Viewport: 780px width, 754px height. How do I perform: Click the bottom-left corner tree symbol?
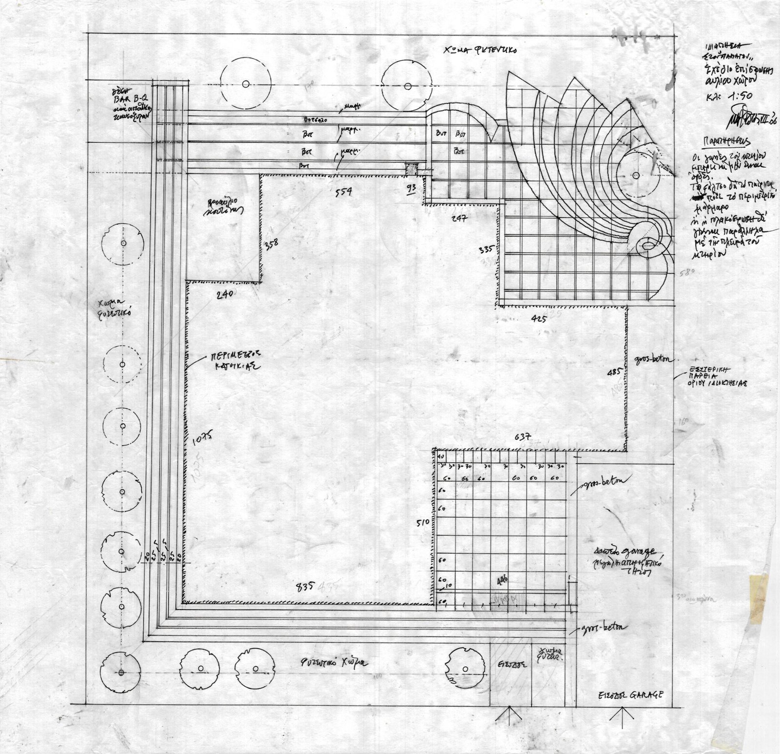click(121, 673)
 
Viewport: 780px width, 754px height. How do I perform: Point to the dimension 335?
click(487, 249)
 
